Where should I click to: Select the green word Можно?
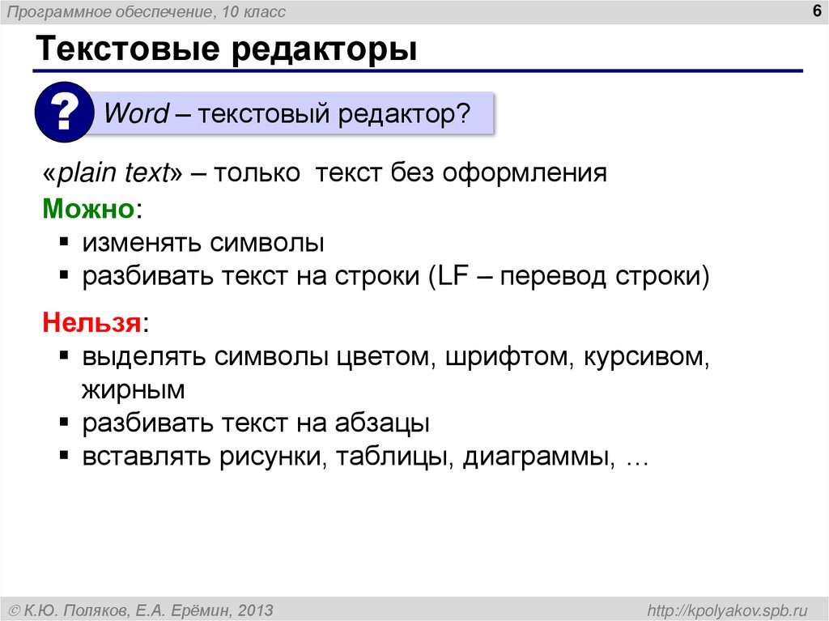click(x=87, y=208)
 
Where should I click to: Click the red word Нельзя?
click(x=91, y=323)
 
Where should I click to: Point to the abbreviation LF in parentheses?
click(x=449, y=277)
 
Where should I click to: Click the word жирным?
click(x=133, y=390)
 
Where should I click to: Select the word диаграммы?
click(x=535, y=457)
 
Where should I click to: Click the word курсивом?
click(x=644, y=357)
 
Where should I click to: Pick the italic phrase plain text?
click(x=113, y=173)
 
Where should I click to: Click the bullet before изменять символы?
click(x=64, y=242)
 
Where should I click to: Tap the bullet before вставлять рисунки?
click(x=64, y=456)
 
